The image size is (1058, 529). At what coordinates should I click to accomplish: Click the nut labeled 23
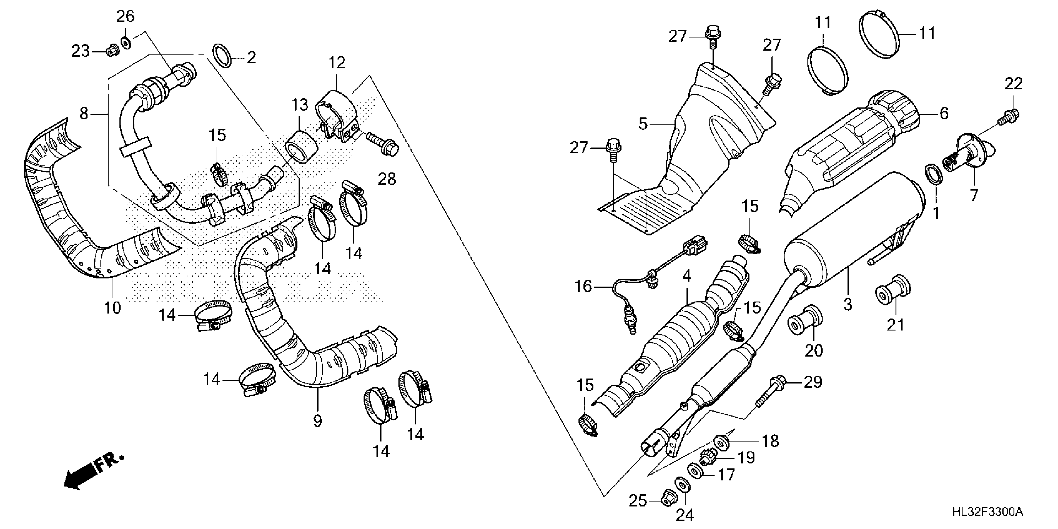111,51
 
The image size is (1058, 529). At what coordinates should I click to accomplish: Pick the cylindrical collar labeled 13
302,147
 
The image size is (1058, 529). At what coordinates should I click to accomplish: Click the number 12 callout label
337,63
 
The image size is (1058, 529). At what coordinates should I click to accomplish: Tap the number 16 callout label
583,286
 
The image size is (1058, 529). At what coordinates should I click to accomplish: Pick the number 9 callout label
317,421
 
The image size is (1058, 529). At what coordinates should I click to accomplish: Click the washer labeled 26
126,41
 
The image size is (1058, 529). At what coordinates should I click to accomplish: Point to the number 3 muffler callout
848,304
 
